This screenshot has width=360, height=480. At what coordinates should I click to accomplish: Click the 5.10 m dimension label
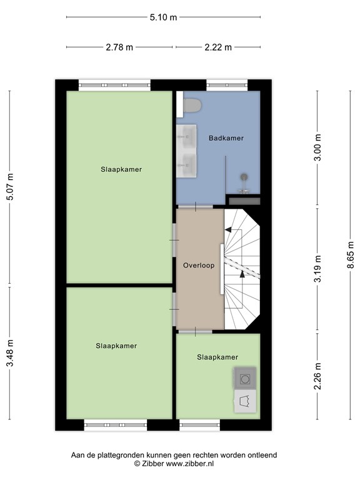tap(163, 17)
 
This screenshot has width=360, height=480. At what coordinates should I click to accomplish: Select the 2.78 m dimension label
tap(119, 47)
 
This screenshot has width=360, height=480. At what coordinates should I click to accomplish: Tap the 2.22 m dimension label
tap(218, 47)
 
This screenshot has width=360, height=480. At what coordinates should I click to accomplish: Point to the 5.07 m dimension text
tap(11, 187)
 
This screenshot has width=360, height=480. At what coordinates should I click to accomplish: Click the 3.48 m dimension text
tap(11, 353)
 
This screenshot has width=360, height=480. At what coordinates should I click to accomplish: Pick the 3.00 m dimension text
tap(318, 147)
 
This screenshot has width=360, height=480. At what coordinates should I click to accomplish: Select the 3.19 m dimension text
tap(318, 269)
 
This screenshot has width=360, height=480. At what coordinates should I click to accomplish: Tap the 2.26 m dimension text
tap(318, 376)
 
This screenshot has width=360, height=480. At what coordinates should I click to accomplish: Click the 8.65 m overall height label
tap(351, 255)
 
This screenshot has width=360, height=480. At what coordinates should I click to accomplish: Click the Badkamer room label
tap(226, 138)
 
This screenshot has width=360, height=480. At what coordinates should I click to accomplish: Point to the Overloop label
tap(199, 266)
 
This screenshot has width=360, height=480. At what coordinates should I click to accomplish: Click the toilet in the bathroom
tap(192, 105)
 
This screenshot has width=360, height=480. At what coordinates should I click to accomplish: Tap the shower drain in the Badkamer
tap(244, 176)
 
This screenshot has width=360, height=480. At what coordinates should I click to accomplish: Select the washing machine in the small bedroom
tap(245, 379)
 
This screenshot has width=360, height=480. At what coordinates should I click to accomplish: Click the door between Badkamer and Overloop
tap(196, 207)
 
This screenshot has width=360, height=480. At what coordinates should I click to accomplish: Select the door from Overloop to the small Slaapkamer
tap(196, 331)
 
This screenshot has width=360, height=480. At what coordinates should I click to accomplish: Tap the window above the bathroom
tap(227, 85)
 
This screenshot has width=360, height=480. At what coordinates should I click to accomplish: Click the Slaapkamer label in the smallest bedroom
tap(217, 357)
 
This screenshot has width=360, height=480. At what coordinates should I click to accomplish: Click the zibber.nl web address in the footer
tap(190, 464)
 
